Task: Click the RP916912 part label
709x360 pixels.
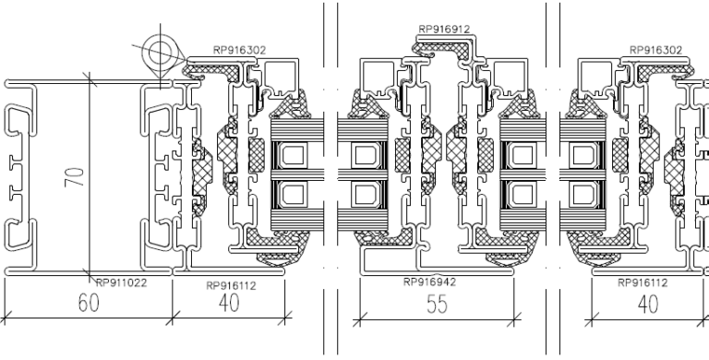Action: click(x=444, y=29)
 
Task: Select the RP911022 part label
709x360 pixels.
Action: click(x=122, y=283)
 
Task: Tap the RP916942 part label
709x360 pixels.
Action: click(x=429, y=282)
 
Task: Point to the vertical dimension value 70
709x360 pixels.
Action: click(x=75, y=177)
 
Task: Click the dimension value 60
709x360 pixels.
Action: click(x=89, y=303)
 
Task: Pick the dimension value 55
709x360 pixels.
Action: click(x=437, y=304)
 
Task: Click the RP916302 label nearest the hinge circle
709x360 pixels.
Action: click(x=240, y=50)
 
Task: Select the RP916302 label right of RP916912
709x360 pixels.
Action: click(x=655, y=50)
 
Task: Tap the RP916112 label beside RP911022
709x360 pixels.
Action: click(x=231, y=286)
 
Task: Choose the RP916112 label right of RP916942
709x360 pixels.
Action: click(x=643, y=283)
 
